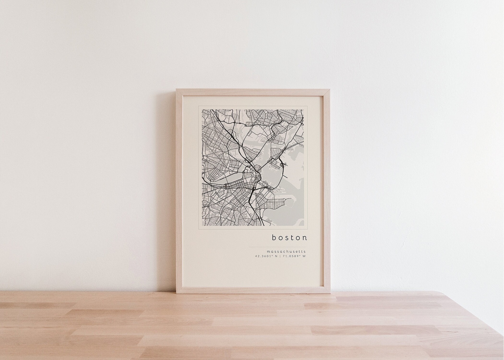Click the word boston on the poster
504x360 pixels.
289,237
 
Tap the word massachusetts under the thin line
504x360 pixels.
287,251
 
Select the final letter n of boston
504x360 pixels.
305,237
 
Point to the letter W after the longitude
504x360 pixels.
304,256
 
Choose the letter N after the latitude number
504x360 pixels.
276,256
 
